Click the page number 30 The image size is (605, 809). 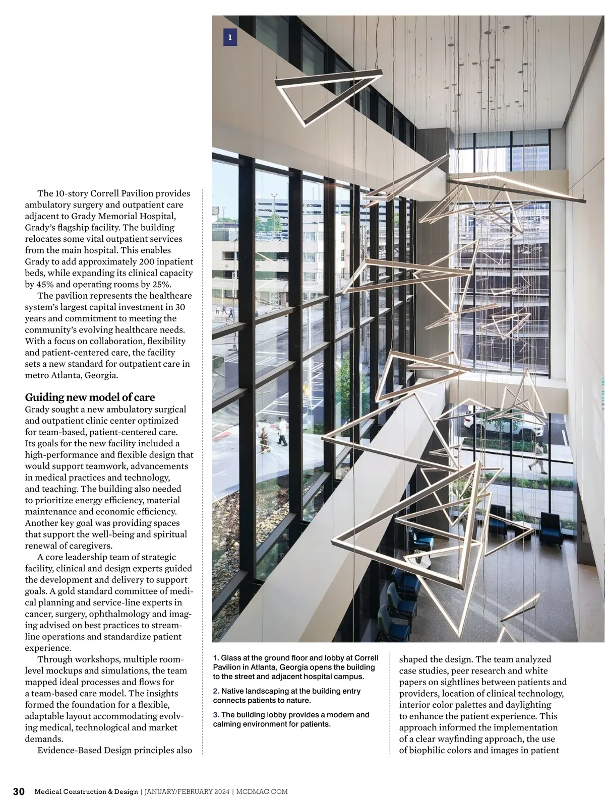click(x=19, y=791)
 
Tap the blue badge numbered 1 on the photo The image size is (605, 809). click(x=230, y=37)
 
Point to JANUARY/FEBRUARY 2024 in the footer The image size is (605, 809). click(x=186, y=792)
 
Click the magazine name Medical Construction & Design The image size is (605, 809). click(x=86, y=792)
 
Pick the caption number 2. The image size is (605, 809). click(x=216, y=691)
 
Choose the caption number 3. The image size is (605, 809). click(x=216, y=715)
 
